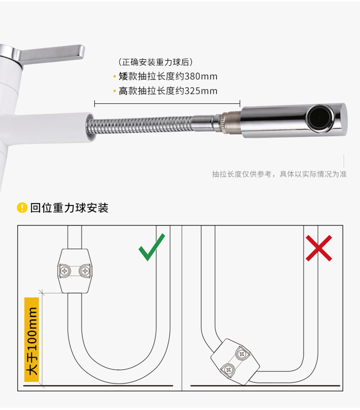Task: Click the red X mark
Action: coord(319,248)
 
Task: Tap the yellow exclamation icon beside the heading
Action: coord(22,208)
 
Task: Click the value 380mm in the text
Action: coord(201,76)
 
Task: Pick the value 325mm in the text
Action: coord(201,91)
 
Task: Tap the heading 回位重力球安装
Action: coord(69,208)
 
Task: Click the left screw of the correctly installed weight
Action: coord(65,271)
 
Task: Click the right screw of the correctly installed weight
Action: coord(85,271)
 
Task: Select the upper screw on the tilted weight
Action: coord(242,354)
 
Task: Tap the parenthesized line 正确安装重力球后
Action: coord(155,62)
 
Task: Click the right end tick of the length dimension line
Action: coord(240,104)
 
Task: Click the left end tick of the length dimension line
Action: coord(95,104)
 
